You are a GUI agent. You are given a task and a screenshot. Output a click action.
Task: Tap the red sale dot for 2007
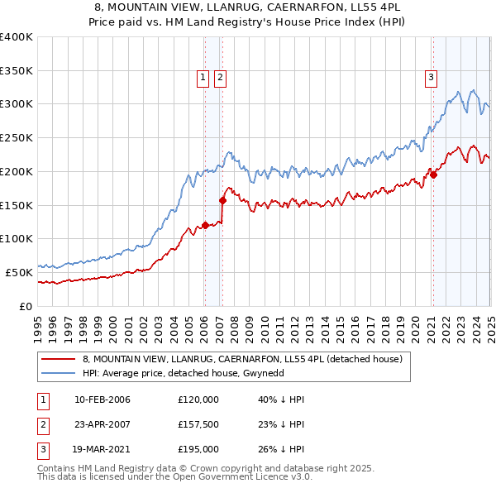222,199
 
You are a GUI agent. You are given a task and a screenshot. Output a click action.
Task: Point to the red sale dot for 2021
433,174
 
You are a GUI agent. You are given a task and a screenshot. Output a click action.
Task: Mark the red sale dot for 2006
205,224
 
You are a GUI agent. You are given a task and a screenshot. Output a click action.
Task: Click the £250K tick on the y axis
16,137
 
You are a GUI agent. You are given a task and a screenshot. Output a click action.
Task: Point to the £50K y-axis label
19,272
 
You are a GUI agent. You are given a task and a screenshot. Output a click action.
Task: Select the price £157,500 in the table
198,424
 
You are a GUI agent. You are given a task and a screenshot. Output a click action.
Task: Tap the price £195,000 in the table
198,449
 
